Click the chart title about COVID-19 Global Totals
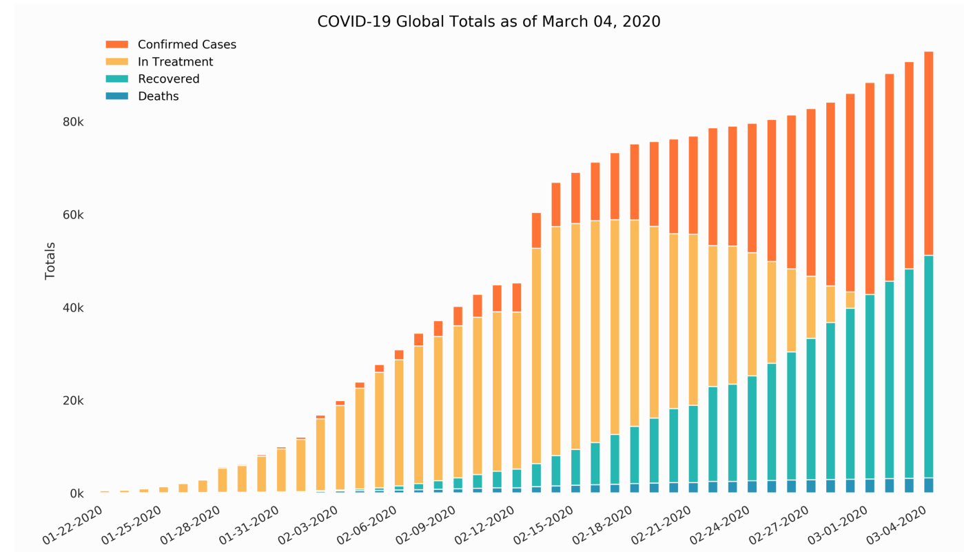(x=489, y=22)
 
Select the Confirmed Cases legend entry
(x=186, y=45)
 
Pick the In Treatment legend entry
(x=175, y=62)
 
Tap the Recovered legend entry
(x=168, y=79)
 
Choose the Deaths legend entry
(x=158, y=96)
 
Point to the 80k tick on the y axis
(x=72, y=122)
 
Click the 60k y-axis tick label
(x=72, y=215)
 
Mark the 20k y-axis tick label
(x=72, y=401)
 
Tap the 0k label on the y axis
(x=76, y=494)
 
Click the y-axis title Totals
(x=50, y=260)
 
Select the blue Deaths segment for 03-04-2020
(x=928, y=485)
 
